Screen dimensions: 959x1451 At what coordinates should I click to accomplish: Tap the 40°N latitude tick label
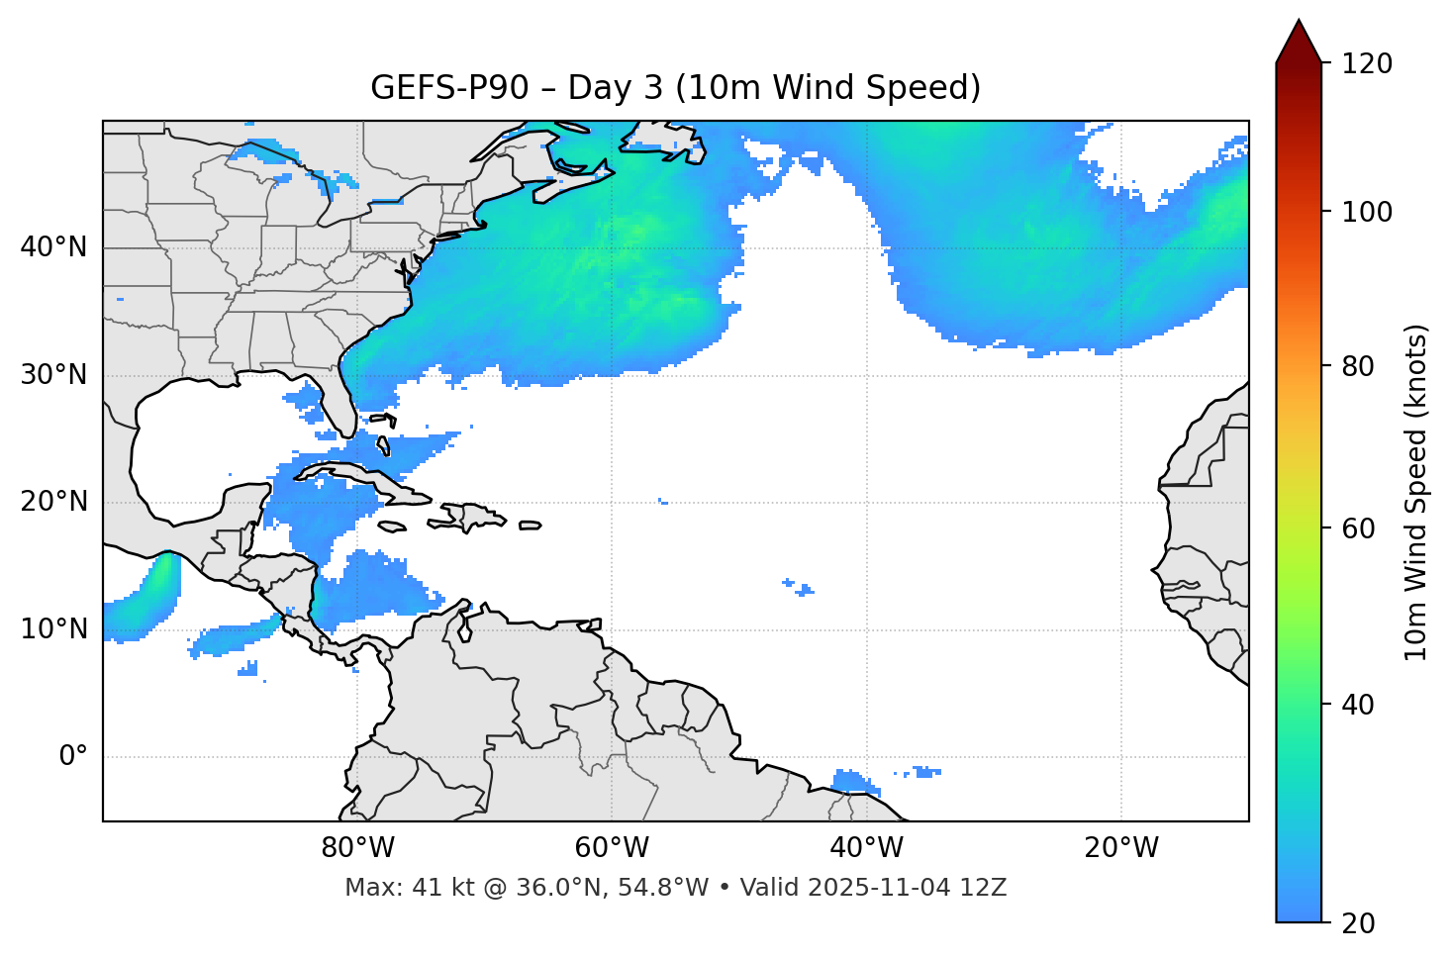[53, 247]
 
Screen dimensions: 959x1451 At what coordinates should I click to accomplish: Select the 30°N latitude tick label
[53, 375]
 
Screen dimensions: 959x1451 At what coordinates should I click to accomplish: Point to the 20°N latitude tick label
[53, 502]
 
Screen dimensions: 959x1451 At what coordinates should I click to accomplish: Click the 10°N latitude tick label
[53, 629]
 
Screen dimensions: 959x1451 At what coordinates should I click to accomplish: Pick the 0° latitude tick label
[73, 757]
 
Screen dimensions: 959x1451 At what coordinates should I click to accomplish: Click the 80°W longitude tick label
[357, 848]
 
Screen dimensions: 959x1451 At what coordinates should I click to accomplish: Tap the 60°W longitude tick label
[612, 848]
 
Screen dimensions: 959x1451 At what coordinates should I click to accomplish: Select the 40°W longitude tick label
[866, 848]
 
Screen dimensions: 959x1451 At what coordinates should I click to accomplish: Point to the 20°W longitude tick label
[1120, 848]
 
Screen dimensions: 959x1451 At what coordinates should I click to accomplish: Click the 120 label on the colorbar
[1367, 64]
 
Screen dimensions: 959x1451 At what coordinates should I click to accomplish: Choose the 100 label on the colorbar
[1367, 212]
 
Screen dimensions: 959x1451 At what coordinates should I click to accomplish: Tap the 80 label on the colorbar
[1360, 366]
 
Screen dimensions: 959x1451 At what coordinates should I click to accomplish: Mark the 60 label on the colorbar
[1360, 528]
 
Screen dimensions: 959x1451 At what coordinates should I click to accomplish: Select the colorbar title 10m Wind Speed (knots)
[1416, 493]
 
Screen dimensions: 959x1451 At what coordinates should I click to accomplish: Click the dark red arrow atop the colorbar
[1299, 42]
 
